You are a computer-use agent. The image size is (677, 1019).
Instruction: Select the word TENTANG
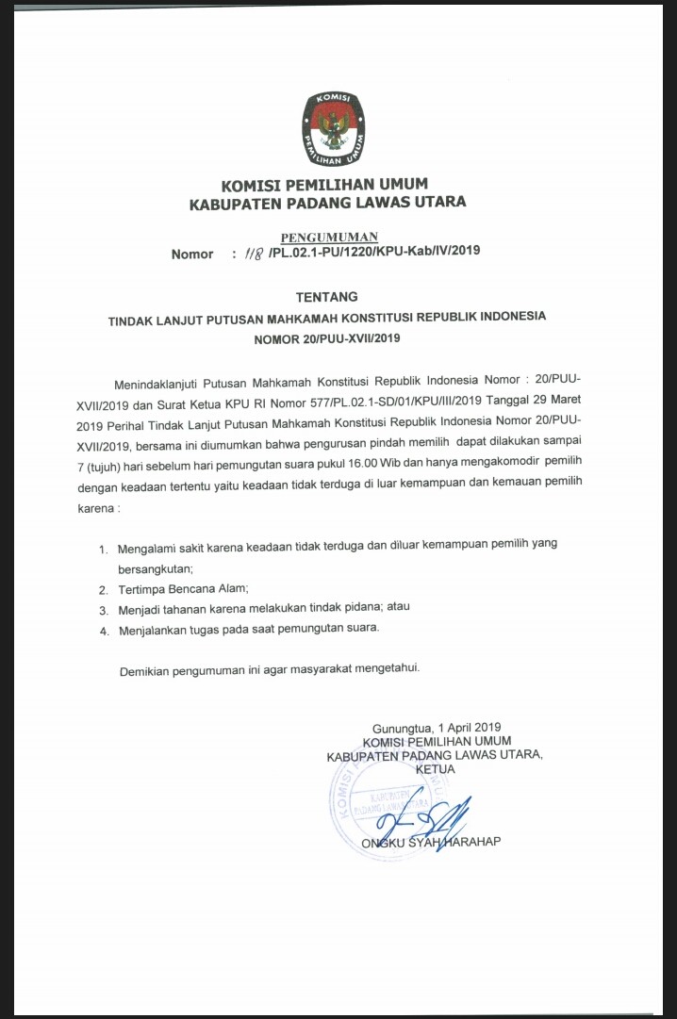coord(327,298)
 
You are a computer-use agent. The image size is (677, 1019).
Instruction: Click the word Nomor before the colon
coord(192,255)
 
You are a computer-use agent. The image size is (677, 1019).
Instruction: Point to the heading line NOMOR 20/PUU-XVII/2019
coord(327,337)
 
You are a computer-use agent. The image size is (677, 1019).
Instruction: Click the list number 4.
coord(103,629)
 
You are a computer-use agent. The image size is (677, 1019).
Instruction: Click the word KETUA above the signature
coord(436,769)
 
